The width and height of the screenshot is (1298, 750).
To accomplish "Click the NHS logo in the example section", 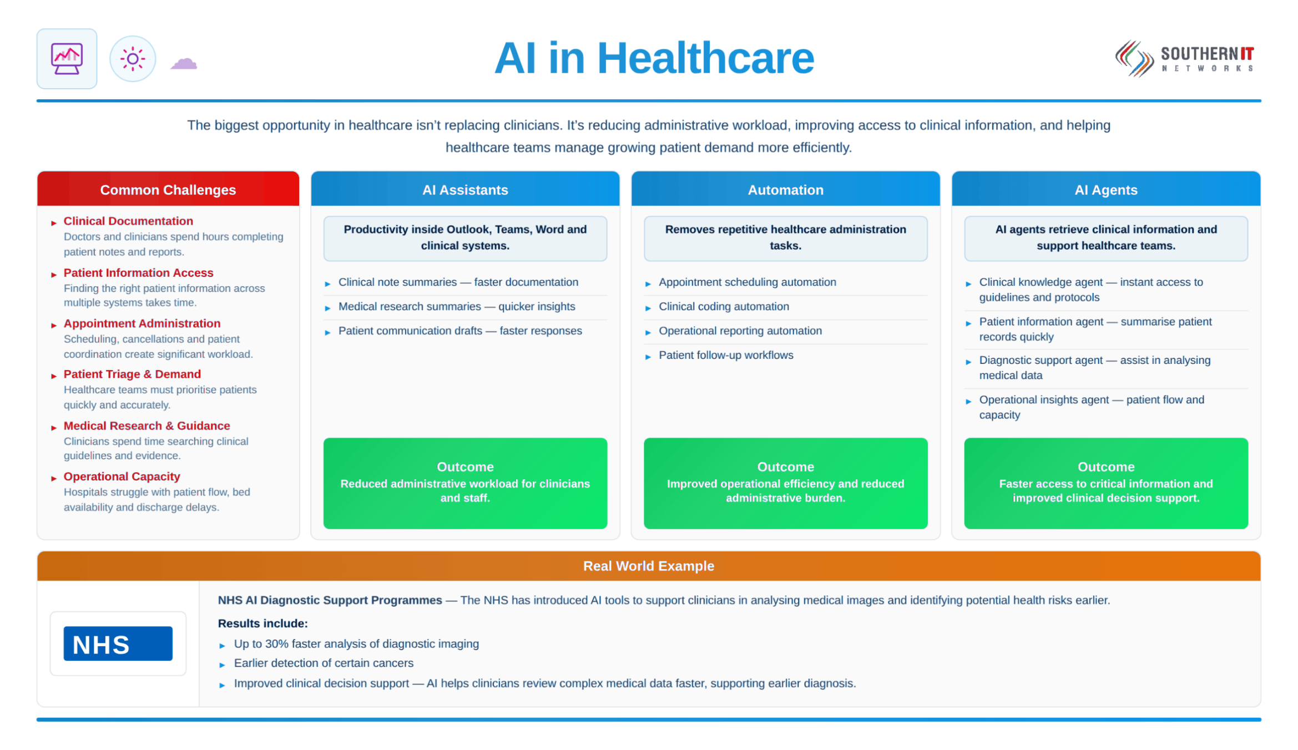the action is click(x=118, y=643).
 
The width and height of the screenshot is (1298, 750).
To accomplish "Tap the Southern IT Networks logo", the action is click(x=1184, y=59).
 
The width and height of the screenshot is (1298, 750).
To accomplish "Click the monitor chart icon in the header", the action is click(x=67, y=58).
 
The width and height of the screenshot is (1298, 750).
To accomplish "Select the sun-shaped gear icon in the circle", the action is click(x=133, y=59).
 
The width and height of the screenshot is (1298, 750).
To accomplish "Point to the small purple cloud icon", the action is click(x=184, y=63).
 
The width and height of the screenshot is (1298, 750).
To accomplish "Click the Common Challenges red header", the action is click(x=168, y=189).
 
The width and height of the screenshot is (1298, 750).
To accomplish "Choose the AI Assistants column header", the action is click(x=465, y=189).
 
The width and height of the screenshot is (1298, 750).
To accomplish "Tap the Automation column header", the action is click(x=785, y=189).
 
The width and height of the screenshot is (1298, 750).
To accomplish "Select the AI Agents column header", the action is click(x=1106, y=189).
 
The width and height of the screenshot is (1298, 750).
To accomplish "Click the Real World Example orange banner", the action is click(x=649, y=566).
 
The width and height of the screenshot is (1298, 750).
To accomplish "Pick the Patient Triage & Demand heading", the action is click(x=132, y=374).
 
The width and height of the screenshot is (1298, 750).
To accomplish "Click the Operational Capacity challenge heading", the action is click(x=122, y=477).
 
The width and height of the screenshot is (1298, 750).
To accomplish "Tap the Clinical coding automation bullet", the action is click(x=724, y=306).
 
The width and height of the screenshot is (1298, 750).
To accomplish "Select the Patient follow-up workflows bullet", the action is click(x=726, y=355).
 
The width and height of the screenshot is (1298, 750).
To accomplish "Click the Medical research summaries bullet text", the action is click(x=457, y=306).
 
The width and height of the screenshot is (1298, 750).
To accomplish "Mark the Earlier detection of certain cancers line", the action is click(x=324, y=663).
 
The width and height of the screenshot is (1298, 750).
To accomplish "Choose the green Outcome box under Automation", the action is click(x=785, y=483).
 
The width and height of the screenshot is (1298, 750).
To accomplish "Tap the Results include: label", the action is click(x=262, y=623).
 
